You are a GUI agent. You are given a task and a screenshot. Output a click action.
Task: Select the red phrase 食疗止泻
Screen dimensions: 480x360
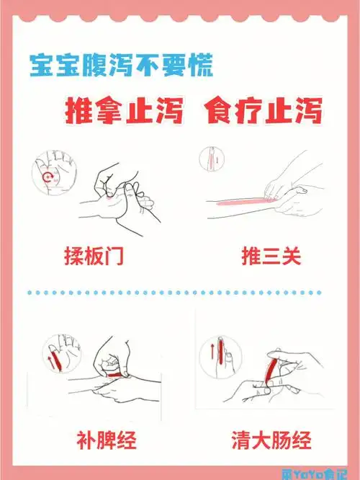coord(262,112)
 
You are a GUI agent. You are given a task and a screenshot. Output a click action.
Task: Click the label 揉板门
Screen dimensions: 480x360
coord(94,256)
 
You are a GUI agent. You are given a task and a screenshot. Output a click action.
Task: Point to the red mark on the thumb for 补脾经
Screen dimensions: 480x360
coord(116,375)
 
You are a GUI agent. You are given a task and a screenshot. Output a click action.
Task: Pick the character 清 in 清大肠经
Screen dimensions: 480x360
coord(240,438)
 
